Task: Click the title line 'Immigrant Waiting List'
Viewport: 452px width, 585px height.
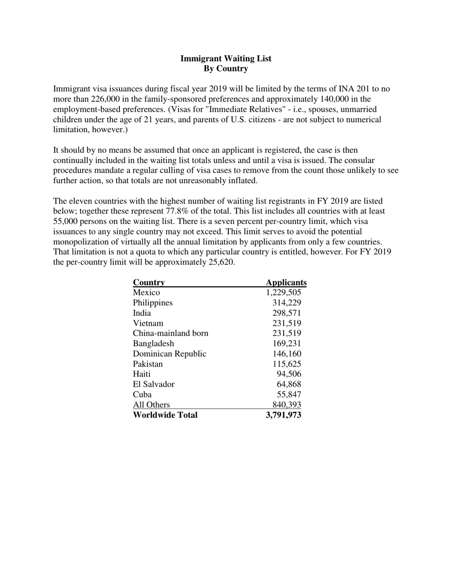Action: (x=226, y=58)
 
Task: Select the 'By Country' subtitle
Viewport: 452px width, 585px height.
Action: (x=226, y=68)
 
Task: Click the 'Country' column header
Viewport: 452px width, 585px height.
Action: (x=148, y=283)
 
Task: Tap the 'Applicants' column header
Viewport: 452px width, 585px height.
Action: (x=286, y=283)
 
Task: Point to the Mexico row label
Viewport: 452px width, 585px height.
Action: (x=147, y=292)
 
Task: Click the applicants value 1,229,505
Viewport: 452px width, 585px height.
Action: (x=284, y=292)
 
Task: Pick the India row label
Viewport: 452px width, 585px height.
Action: (x=142, y=313)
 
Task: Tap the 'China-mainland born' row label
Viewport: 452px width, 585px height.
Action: (x=170, y=333)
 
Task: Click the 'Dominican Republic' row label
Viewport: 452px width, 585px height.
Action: (x=169, y=354)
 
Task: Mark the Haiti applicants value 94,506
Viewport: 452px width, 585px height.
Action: (x=289, y=374)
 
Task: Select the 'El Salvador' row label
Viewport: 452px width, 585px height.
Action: (x=154, y=384)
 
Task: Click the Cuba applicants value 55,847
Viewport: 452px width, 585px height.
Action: (x=289, y=395)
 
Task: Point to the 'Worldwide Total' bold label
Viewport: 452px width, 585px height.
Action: (x=165, y=415)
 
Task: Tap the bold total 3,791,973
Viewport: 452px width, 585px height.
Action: (x=284, y=415)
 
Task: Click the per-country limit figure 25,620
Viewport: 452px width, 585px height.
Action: (x=221, y=262)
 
